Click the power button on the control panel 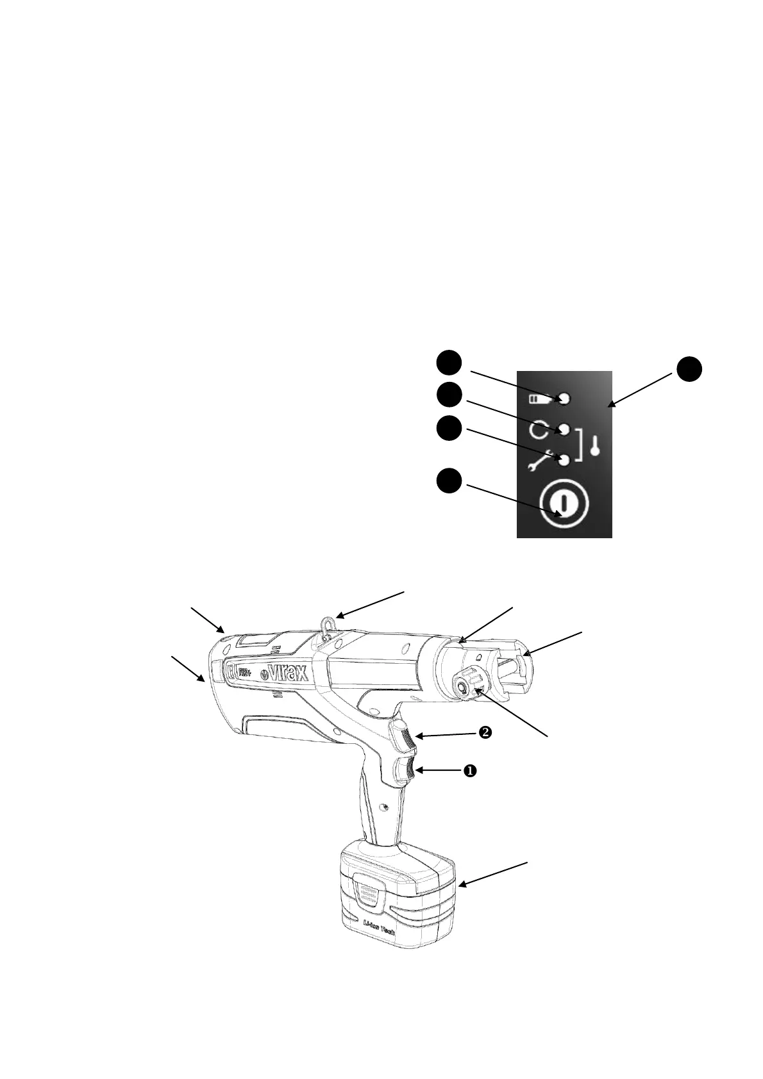(564, 504)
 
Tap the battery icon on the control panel (537, 399)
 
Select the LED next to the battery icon (564, 399)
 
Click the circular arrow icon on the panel (538, 429)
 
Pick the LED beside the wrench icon (565, 459)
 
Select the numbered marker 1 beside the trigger (469, 771)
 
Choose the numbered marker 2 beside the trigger (485, 733)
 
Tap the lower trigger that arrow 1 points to (404, 770)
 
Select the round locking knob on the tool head (462, 684)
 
